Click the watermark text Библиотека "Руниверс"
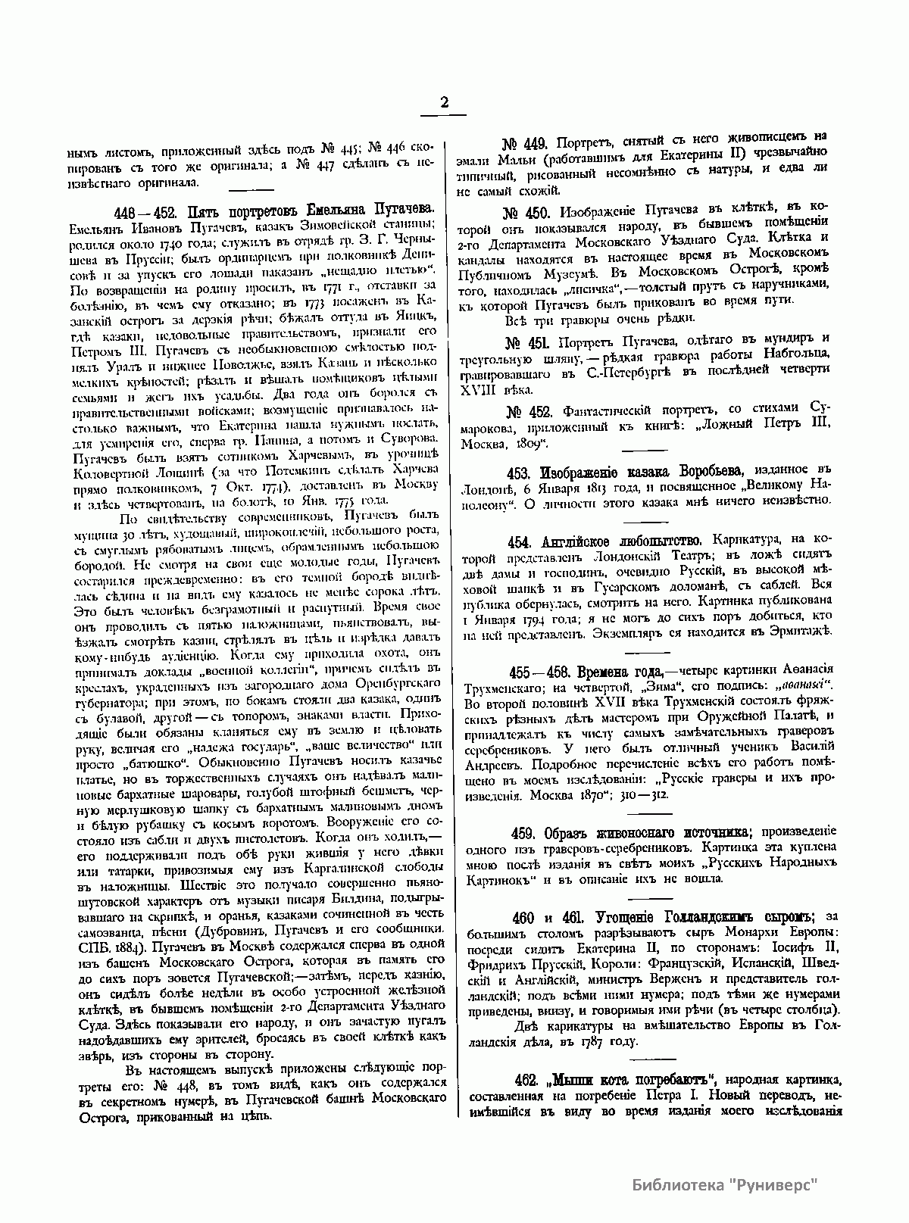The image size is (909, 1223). [726, 1185]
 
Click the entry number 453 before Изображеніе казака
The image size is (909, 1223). [520, 473]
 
